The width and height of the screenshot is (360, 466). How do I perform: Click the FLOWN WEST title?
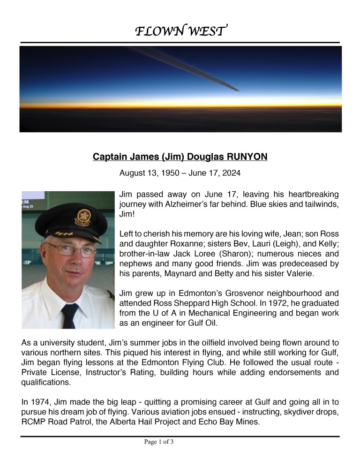click(x=181, y=31)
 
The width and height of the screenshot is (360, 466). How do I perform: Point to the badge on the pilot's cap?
click(x=83, y=218)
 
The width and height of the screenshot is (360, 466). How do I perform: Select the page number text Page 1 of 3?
click(x=159, y=441)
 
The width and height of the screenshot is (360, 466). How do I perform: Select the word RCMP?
click(x=33, y=421)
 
